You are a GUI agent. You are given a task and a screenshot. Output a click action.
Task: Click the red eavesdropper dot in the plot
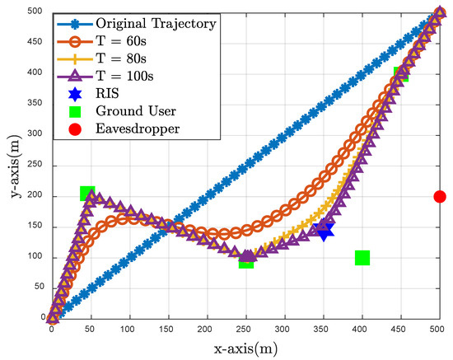439,196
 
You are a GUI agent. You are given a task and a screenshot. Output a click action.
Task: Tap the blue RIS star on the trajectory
324,231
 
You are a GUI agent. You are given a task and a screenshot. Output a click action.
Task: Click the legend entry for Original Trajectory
156,23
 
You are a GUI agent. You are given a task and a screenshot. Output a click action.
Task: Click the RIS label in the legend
112,108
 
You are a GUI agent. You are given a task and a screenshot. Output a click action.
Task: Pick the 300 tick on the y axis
35,136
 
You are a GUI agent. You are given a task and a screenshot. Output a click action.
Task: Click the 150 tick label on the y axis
35,227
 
